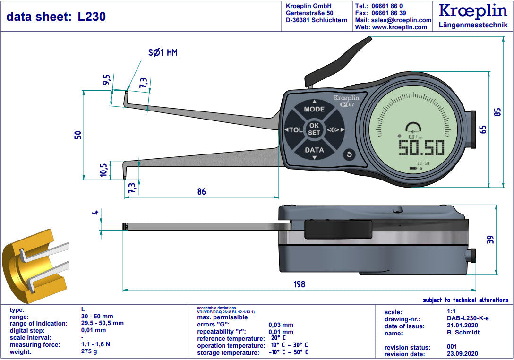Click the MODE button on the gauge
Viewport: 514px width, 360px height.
coord(314,109)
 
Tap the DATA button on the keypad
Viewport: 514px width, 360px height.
coord(314,150)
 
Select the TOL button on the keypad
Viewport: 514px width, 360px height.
coord(294,130)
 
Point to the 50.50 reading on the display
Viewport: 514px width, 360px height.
coord(421,148)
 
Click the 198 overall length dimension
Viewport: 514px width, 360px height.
coord(299,284)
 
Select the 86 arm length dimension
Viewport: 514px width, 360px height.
coord(201,192)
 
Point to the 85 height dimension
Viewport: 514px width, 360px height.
coord(497,112)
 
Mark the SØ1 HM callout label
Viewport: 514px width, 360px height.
coord(163,53)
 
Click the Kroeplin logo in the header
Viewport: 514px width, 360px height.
coord(473,11)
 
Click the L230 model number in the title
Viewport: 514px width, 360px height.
coord(92,17)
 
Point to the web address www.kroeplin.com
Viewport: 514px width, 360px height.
coord(400,27)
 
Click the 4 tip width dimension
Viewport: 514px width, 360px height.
coord(95,213)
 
